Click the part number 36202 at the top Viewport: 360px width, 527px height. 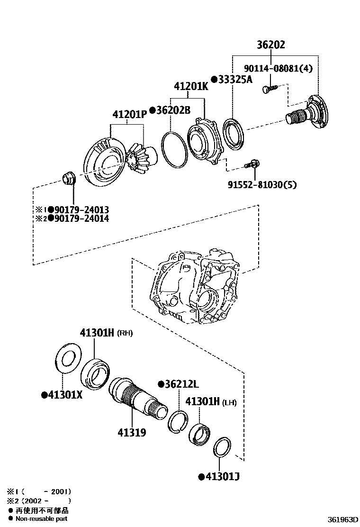click(x=271, y=45)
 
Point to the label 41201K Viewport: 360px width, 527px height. click(x=190, y=87)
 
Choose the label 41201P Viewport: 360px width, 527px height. click(x=129, y=114)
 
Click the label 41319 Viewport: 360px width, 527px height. click(x=132, y=432)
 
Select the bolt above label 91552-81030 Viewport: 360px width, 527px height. click(x=251, y=164)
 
